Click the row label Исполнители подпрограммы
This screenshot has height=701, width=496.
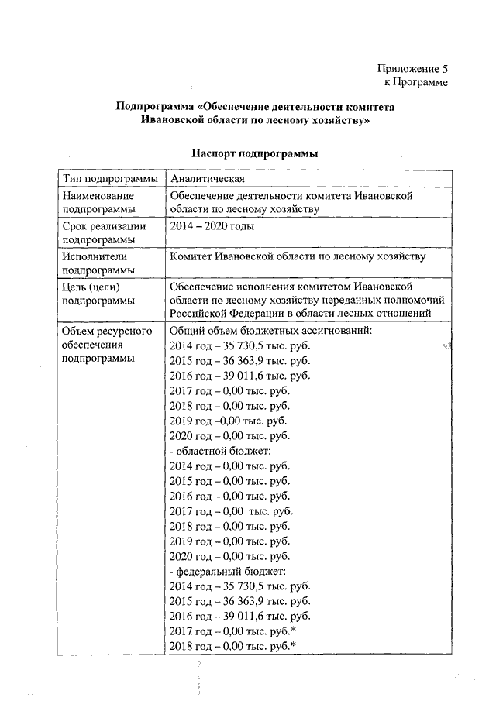click(x=97, y=263)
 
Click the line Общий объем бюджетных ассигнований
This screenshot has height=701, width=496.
click(x=270, y=331)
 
